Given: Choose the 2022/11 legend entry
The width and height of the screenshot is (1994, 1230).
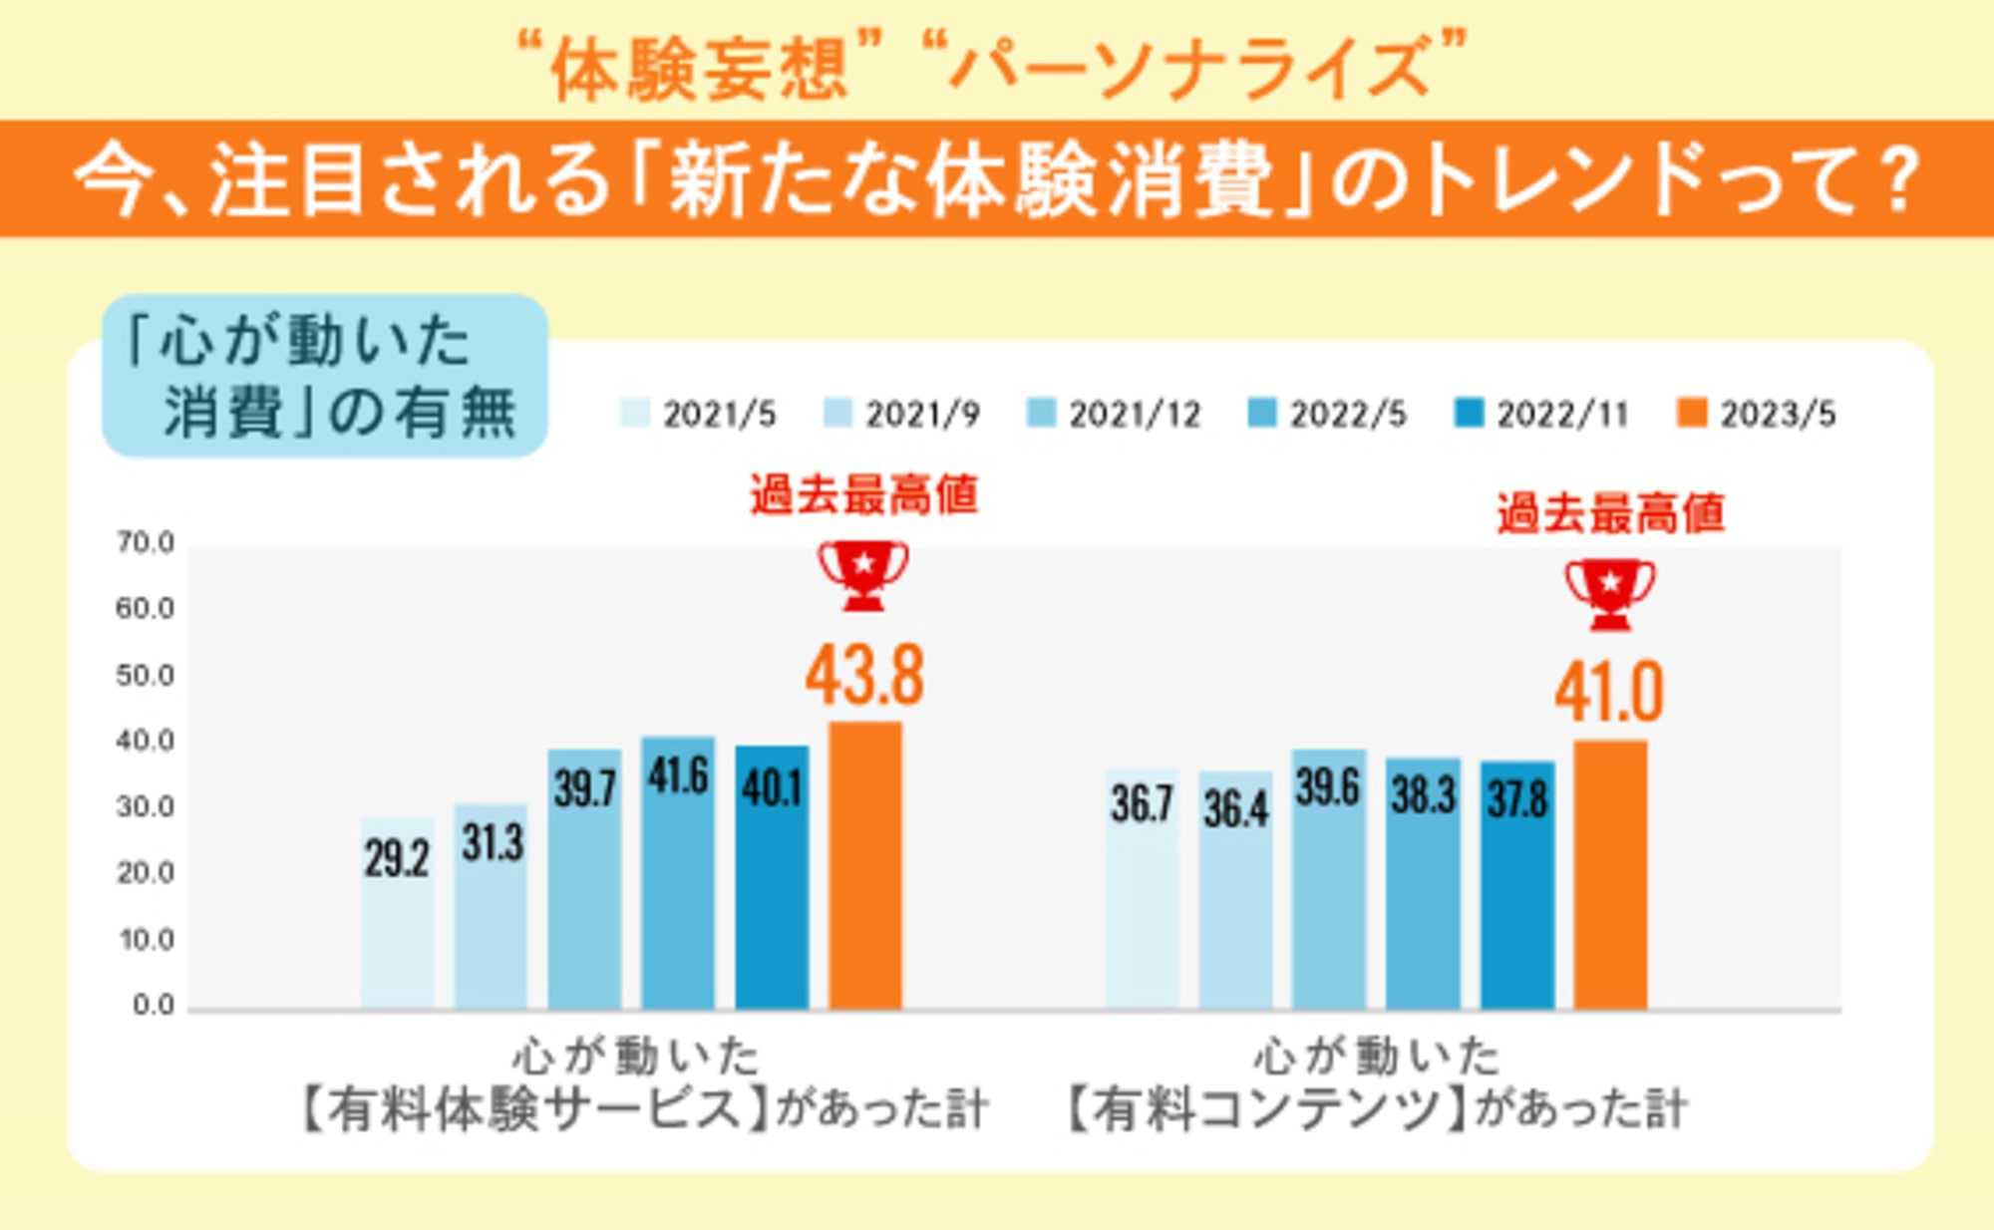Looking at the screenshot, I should coord(1542,414).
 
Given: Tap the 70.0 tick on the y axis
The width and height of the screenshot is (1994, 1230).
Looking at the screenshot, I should coord(146,543).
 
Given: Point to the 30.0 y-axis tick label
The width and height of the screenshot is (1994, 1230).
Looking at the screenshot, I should coord(146,806).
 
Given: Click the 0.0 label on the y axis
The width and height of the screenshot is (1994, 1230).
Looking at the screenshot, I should coord(154,1005).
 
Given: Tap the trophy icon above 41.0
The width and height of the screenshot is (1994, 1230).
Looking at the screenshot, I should coord(1610,594).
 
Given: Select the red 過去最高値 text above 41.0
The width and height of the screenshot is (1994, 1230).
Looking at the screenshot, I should coord(1610,514).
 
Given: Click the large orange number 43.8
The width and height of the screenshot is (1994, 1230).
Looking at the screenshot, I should coord(865,676).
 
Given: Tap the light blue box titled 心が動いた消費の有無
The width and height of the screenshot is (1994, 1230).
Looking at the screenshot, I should coord(325,376).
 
